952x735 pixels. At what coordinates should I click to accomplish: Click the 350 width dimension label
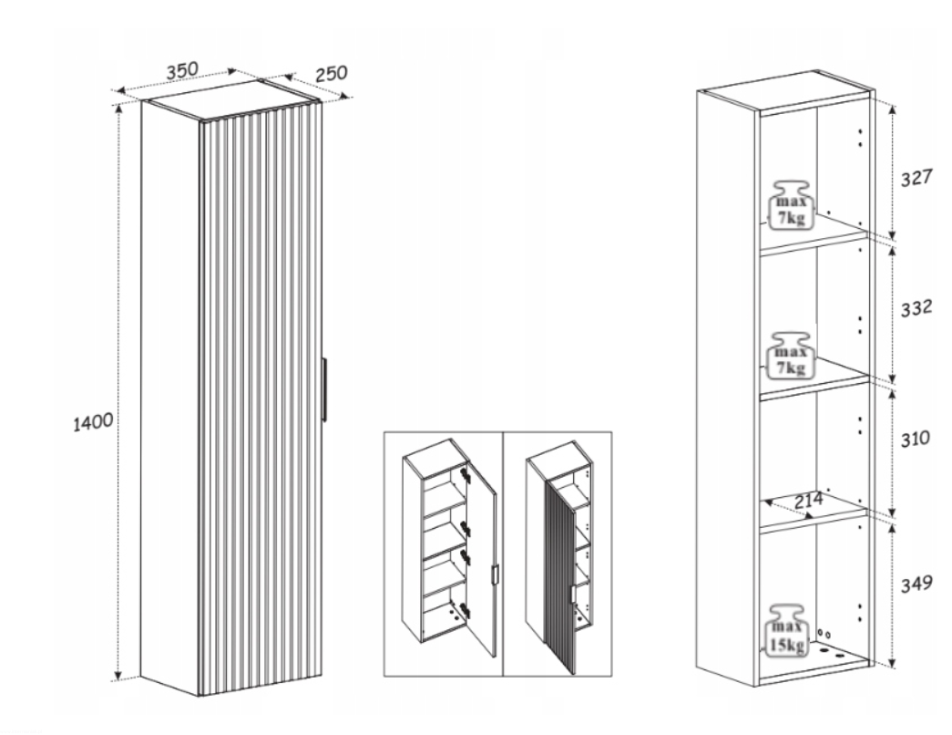tap(183, 70)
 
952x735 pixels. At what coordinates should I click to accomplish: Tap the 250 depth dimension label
tap(332, 74)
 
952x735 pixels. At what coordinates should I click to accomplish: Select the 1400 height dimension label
tap(93, 422)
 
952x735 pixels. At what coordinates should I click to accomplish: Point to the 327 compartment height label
tap(916, 178)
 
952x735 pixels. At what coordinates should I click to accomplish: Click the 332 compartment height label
tap(916, 308)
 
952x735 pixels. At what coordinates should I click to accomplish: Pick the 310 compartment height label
tap(915, 439)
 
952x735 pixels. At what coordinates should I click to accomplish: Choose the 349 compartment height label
tap(916, 584)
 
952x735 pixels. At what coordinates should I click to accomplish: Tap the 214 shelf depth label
tap(808, 501)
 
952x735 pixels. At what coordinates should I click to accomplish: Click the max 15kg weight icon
tap(788, 630)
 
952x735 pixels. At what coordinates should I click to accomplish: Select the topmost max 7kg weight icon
tap(789, 205)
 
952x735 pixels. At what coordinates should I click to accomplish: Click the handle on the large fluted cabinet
tap(325, 389)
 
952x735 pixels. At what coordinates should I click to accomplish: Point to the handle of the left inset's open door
tap(495, 575)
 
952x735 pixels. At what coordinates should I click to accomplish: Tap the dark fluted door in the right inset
tap(561, 575)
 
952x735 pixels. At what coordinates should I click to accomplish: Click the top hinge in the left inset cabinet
tap(466, 474)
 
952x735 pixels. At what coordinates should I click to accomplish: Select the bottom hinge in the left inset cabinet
tap(465, 610)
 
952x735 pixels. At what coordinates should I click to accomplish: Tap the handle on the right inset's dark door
tap(572, 595)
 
